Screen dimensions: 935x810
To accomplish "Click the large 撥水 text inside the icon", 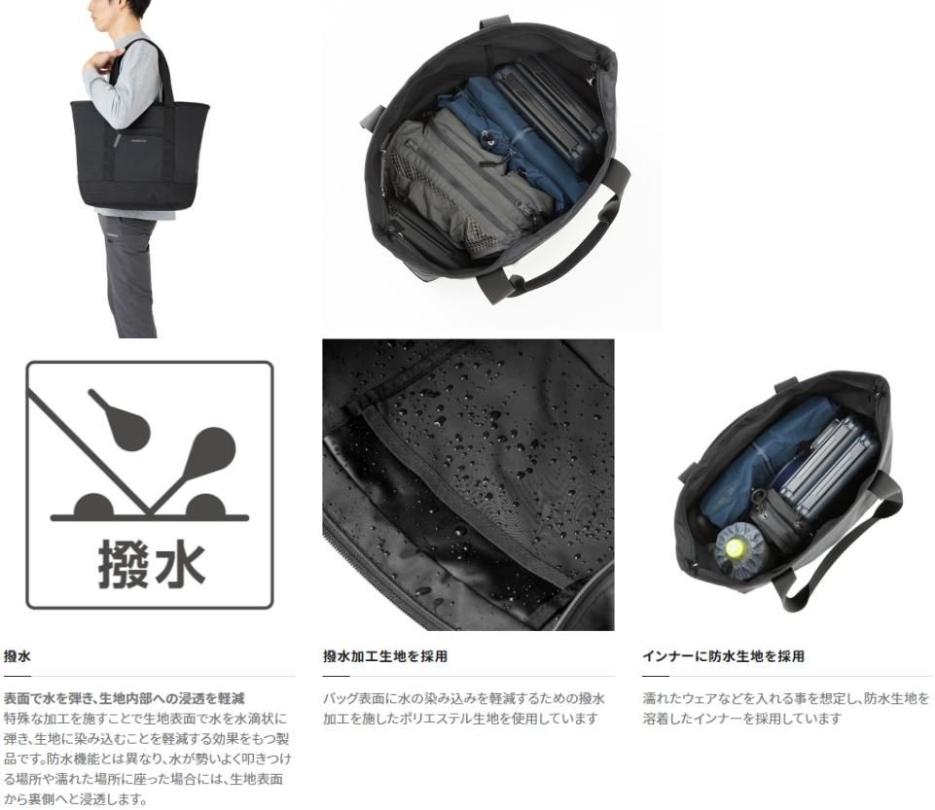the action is click(x=152, y=564).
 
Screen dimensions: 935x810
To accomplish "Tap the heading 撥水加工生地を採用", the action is click(x=385, y=656).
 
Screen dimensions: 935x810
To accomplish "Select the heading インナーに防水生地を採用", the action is click(x=723, y=656).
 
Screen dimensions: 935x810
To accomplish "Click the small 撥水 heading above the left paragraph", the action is click(x=18, y=656).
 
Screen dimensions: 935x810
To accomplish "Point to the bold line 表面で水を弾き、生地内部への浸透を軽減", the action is click(x=124, y=698).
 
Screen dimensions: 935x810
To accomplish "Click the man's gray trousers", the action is click(x=129, y=275).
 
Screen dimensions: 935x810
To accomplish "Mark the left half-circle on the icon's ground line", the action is click(x=93, y=506).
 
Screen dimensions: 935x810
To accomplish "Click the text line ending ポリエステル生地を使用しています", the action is click(x=460, y=719).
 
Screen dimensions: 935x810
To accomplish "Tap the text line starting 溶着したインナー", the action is click(x=742, y=719).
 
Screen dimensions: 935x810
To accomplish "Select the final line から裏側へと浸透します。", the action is click(x=75, y=799).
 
